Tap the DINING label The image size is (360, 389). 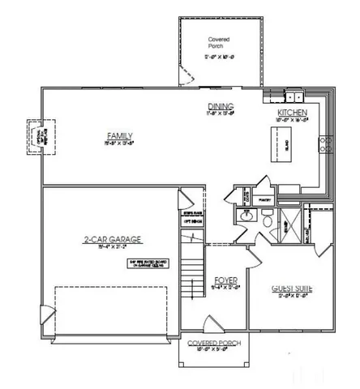220,106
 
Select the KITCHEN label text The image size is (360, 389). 293,113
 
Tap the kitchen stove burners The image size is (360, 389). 326,145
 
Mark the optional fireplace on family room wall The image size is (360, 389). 36,135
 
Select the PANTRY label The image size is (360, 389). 262,199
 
